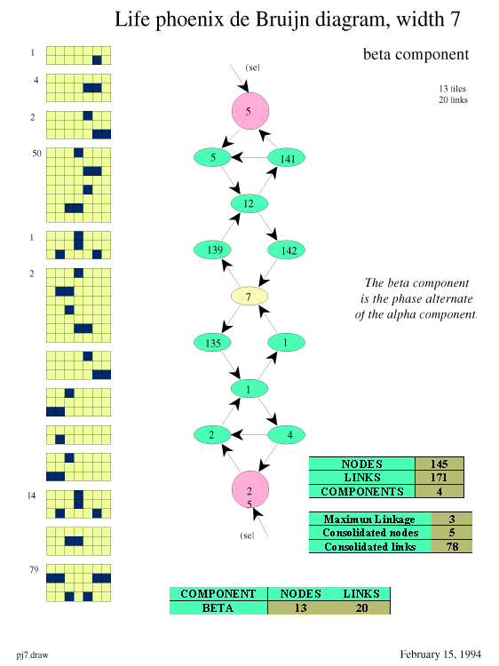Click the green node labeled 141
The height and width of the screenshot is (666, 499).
[286, 158]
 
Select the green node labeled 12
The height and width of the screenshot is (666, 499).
[249, 203]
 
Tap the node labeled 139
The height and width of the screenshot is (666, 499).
[212, 250]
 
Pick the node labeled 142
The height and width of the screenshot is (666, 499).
[286, 250]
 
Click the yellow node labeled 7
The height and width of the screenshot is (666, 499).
[249, 296]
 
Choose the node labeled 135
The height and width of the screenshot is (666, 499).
[212, 343]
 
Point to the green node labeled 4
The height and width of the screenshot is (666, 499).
[286, 434]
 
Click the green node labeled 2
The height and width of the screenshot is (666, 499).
[212, 434]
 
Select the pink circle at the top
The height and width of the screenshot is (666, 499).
[250, 111]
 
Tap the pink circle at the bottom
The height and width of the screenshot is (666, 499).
[250, 489]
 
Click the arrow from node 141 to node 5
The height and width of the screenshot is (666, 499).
[249, 157]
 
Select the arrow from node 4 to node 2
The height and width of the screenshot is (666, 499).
[249, 434]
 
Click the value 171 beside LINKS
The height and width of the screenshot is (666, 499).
[439, 478]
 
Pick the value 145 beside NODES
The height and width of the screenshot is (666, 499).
[439, 464]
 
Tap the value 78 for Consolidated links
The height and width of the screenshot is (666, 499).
[452, 546]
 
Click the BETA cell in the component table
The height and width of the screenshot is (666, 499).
[218, 607]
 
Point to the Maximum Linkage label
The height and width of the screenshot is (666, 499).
[369, 519]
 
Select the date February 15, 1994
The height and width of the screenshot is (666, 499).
[440, 654]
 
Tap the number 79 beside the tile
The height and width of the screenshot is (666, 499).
[34, 569]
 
